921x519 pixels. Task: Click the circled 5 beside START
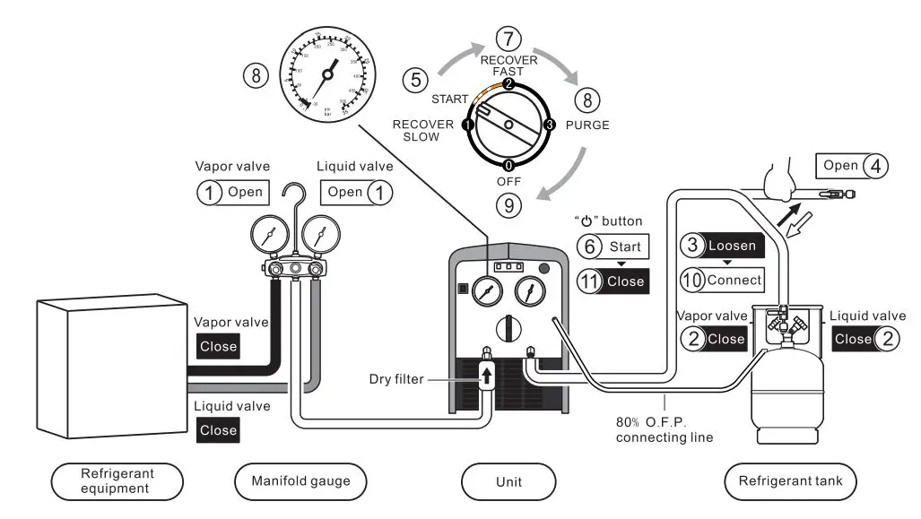coord(416,79)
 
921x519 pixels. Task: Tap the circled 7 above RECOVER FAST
coord(508,39)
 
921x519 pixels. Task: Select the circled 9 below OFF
coord(508,205)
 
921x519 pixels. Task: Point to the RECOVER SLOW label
coord(422,131)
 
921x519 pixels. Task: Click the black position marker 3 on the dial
coord(550,124)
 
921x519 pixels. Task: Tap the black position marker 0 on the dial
coord(508,165)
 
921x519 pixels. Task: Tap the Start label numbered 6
coord(614,246)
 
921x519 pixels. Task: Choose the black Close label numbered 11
coord(614,281)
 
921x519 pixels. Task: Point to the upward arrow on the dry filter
coord(487,374)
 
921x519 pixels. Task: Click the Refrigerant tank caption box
coord(789,482)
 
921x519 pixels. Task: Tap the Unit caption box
coord(508,482)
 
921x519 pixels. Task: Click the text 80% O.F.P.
coord(652,422)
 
